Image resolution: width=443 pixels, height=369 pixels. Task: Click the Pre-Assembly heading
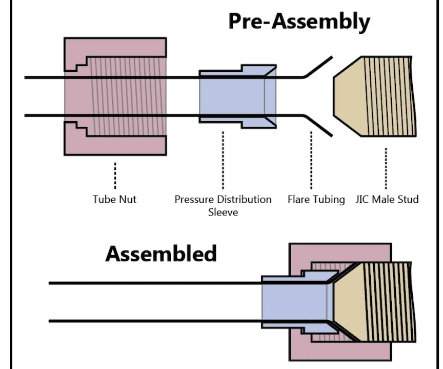pos(298,22)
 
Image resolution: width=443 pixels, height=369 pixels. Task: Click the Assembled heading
pos(161,254)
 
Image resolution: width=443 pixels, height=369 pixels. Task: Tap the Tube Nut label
pos(115,199)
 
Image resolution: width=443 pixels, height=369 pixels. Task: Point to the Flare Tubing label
pos(316,199)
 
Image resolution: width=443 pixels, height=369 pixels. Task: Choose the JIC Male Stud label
pos(387,199)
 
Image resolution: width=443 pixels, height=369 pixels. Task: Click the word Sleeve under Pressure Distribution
pos(223,211)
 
